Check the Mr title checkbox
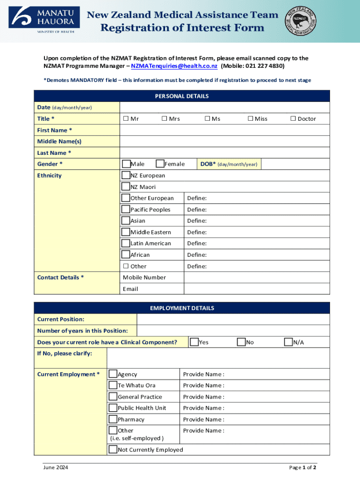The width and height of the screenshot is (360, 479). click(126, 119)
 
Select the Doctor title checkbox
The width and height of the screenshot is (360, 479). click(293, 119)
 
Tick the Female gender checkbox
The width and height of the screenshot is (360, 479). click(160, 164)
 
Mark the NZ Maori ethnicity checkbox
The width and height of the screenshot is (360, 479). click(126, 187)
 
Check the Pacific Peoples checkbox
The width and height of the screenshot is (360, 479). click(126, 209)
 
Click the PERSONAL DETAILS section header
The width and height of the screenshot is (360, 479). click(182, 96)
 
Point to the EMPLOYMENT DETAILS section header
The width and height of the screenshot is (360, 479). click(182, 308)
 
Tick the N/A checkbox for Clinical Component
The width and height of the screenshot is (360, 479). click(289, 342)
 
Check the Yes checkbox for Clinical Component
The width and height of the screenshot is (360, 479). click(194, 342)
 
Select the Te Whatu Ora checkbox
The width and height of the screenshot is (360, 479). click(113, 385)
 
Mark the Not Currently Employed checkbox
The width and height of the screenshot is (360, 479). click(113, 450)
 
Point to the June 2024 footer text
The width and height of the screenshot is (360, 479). click(55, 467)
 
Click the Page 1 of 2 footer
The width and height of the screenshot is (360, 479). click(302, 467)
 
